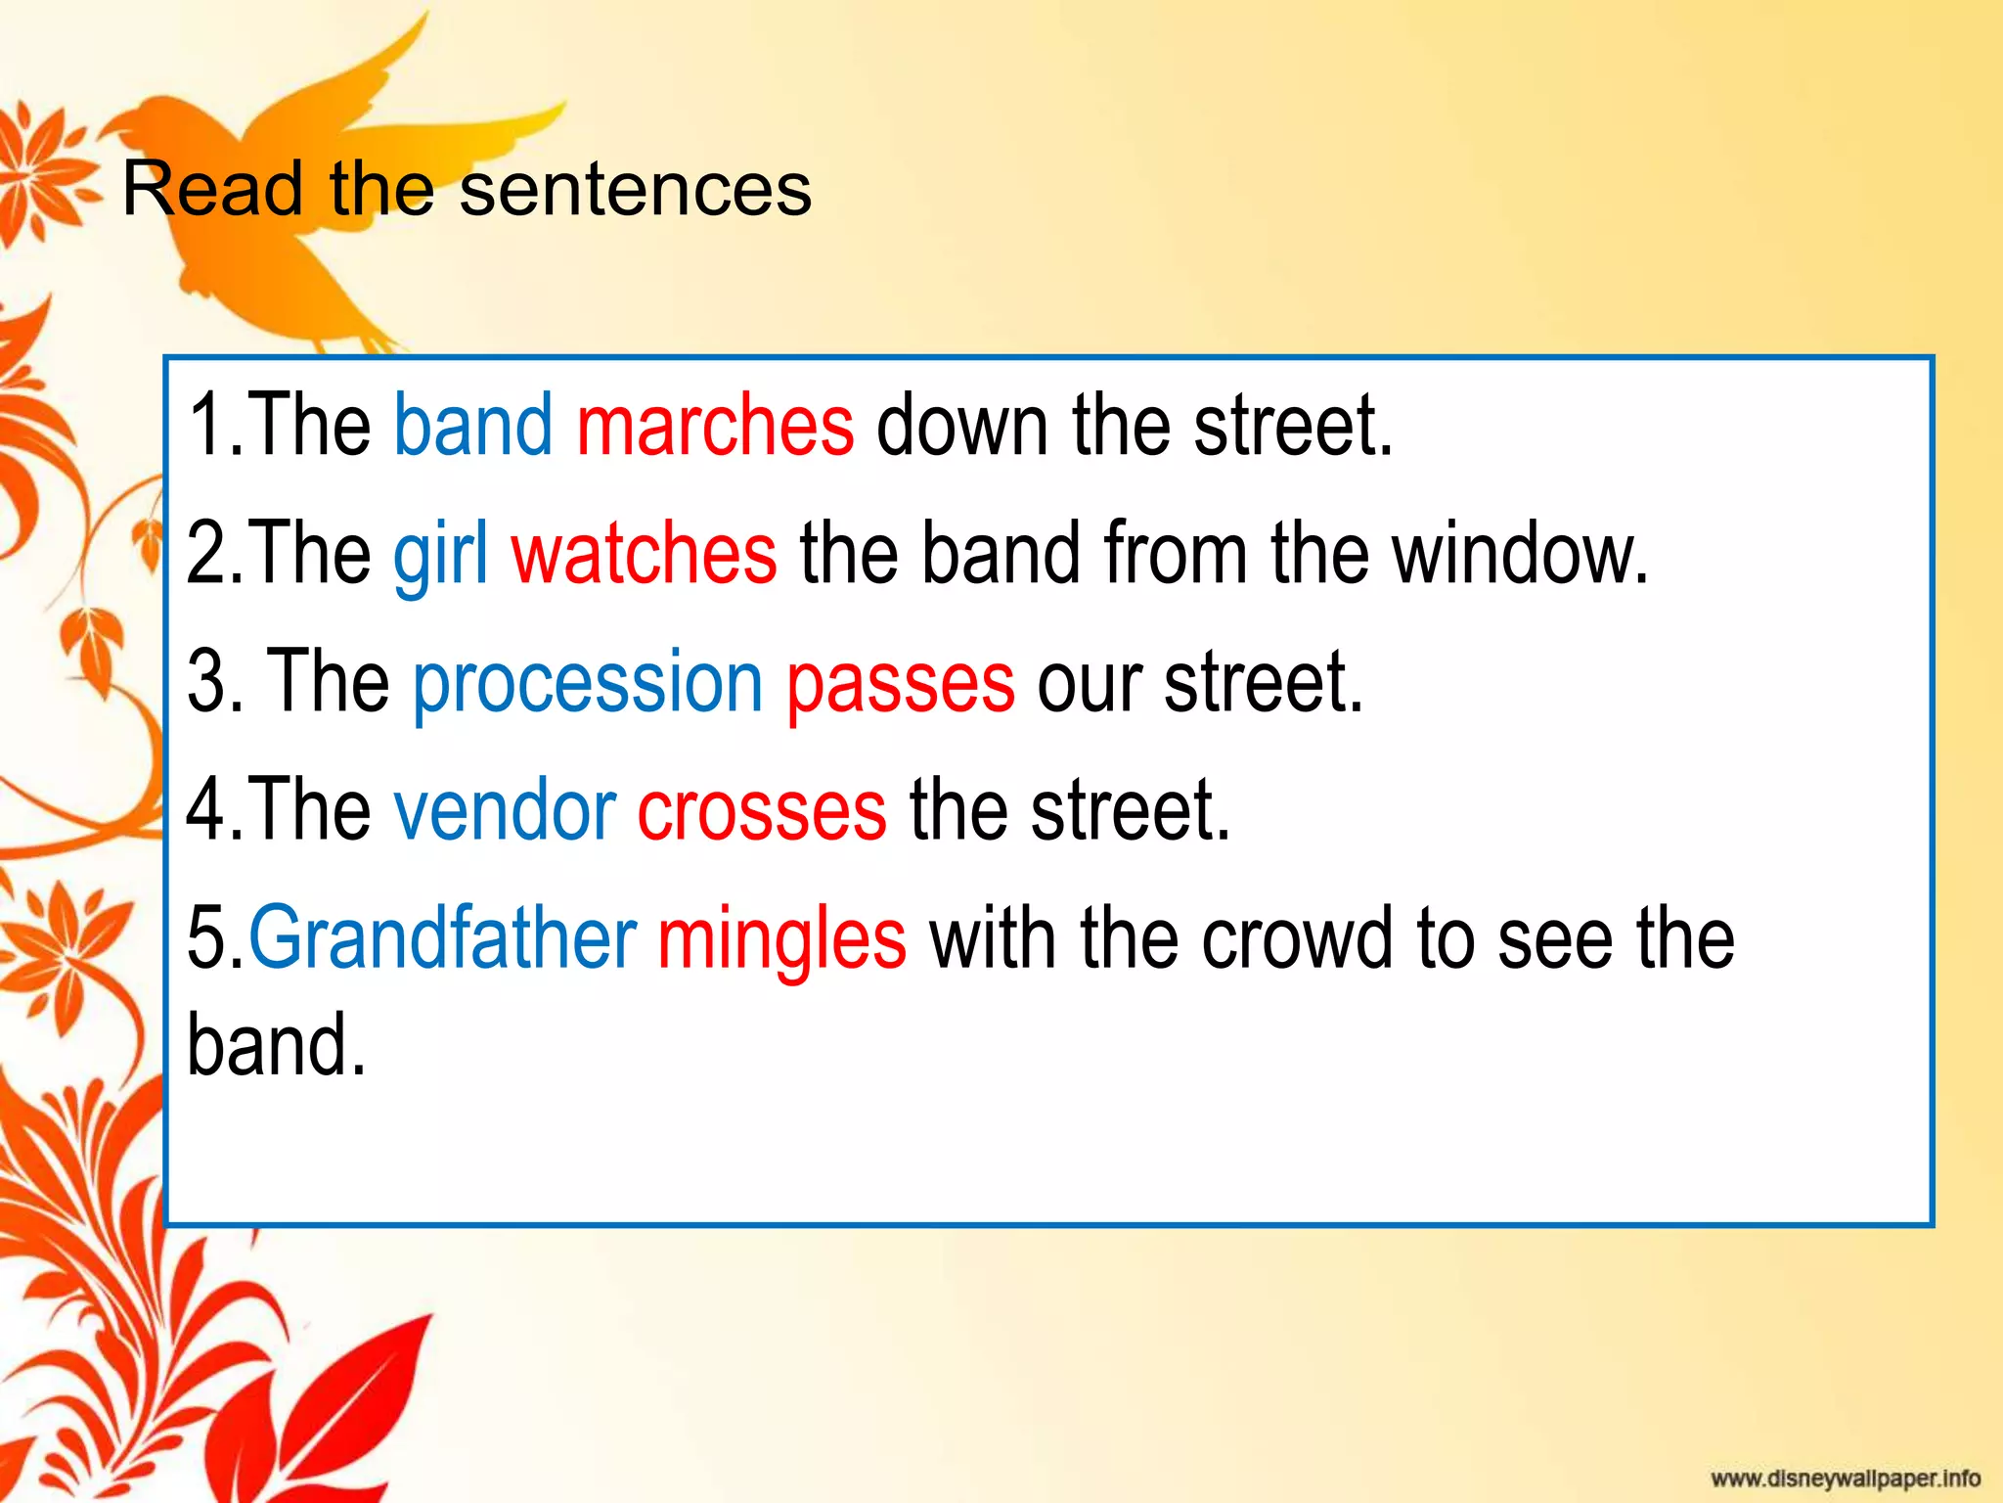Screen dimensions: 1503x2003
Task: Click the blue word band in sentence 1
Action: coord(472,426)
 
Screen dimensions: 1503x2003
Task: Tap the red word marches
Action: coord(715,426)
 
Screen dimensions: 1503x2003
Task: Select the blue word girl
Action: coord(440,555)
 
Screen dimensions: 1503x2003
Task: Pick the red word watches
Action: coord(644,555)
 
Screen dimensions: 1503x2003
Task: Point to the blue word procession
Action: coord(587,683)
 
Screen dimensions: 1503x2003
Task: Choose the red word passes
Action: coord(900,683)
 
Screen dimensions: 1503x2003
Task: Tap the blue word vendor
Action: coord(504,810)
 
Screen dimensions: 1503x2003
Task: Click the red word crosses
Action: coord(762,810)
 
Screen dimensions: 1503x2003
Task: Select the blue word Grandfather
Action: coord(442,939)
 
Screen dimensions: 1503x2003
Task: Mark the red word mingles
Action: coord(781,939)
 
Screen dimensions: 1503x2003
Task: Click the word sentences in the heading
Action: coord(636,190)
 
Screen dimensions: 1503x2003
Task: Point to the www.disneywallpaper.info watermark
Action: coord(1845,1478)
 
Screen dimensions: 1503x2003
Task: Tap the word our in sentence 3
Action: coord(1089,683)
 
